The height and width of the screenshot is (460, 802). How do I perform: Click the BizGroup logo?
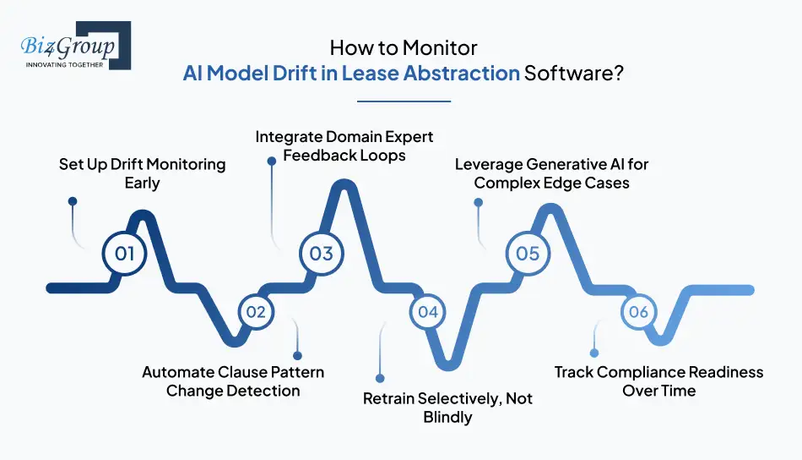(x=76, y=46)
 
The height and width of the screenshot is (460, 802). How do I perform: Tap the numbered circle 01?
(x=124, y=253)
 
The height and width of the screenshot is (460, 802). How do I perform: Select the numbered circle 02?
(x=256, y=312)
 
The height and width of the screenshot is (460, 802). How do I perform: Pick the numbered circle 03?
(x=321, y=253)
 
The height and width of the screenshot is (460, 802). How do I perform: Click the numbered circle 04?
(x=428, y=312)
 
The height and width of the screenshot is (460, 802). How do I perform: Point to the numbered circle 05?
(x=528, y=253)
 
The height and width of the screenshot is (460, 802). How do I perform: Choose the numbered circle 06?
(x=639, y=312)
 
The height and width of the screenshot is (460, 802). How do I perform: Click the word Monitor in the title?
(x=441, y=47)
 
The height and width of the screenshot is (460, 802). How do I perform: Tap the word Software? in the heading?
(x=574, y=74)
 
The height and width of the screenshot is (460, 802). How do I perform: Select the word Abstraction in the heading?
(x=461, y=74)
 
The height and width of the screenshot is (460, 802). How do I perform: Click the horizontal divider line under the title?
(x=404, y=101)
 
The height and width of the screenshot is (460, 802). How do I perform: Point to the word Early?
(x=142, y=183)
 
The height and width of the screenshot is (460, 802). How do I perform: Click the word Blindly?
(x=447, y=417)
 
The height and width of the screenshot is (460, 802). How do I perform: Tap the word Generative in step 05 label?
(x=566, y=164)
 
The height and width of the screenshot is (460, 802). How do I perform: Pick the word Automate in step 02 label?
(x=177, y=372)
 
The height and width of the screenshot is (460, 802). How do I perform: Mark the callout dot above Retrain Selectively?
(x=380, y=379)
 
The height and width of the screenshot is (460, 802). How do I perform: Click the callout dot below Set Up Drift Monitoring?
(x=73, y=201)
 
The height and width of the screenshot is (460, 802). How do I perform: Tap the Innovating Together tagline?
(x=64, y=65)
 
